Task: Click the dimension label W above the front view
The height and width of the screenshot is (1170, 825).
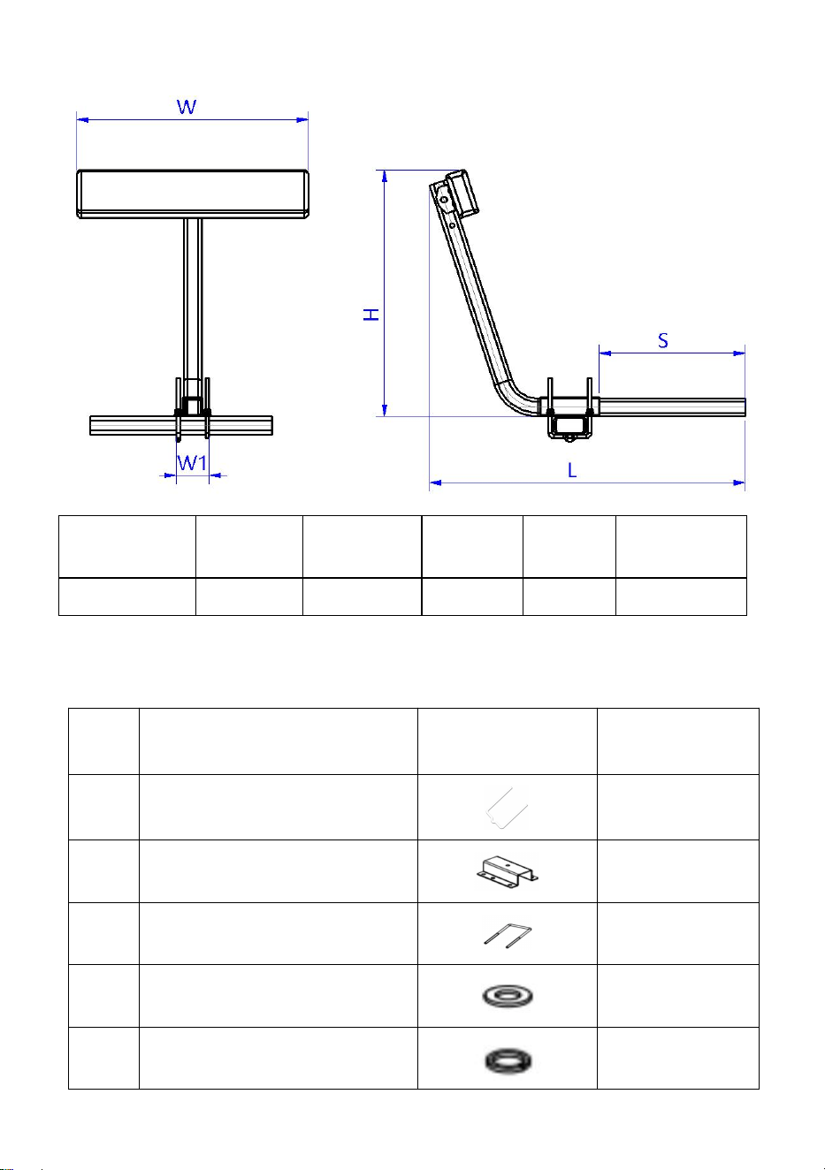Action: tap(187, 107)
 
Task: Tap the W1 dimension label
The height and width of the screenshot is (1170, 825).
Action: tap(193, 463)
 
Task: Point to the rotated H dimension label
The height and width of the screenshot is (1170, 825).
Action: tap(371, 315)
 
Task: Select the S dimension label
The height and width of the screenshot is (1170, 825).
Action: tap(663, 340)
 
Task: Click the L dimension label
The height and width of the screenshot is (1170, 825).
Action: tap(572, 471)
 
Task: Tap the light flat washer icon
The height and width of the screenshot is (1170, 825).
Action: tap(508, 996)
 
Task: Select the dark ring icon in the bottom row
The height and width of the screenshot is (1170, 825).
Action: tap(508, 1060)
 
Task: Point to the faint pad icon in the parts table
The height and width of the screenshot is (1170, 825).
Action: tap(506, 808)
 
